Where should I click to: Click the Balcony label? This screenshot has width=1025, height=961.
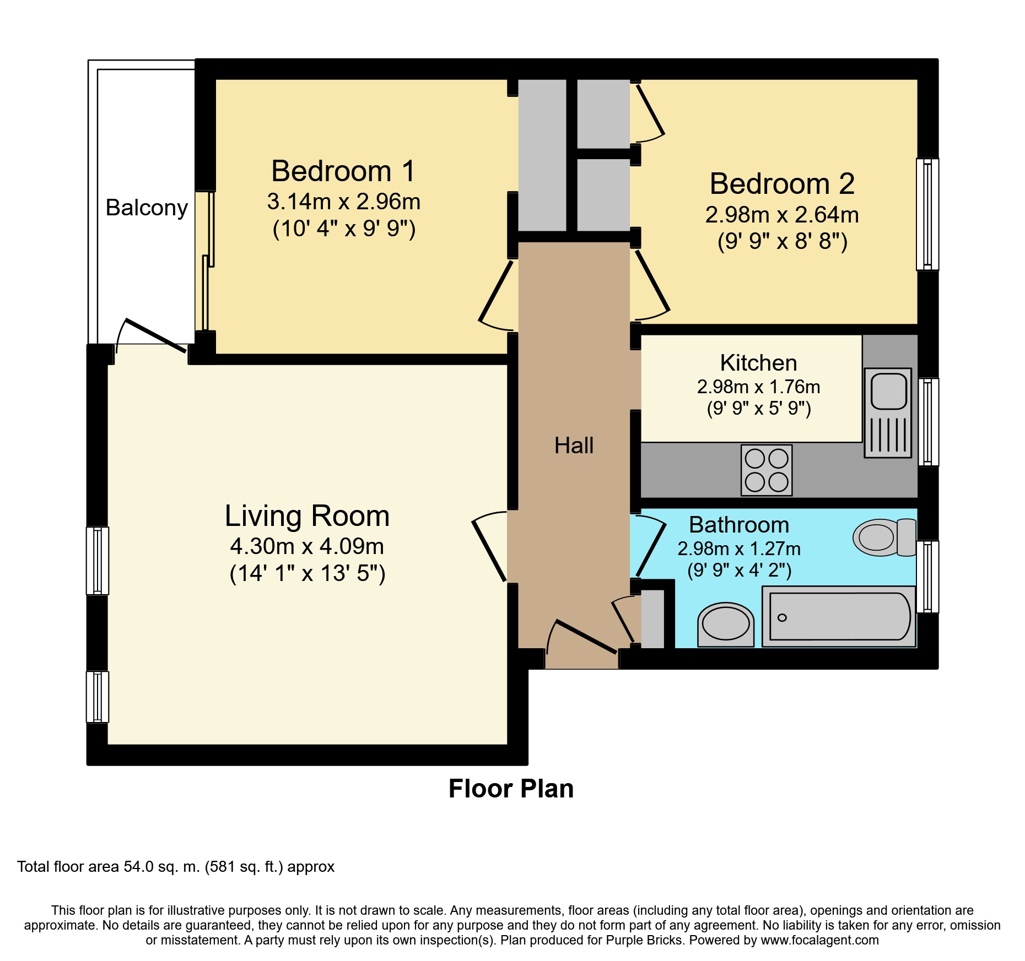click(147, 208)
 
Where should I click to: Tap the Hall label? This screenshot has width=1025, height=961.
click(574, 446)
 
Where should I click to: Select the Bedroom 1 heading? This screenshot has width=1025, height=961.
click(343, 171)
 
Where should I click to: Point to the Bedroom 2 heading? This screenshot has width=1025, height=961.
click(782, 183)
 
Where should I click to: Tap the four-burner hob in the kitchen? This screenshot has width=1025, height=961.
click(767, 470)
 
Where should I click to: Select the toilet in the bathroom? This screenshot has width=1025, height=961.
click(884, 537)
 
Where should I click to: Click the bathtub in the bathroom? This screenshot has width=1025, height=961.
click(839, 616)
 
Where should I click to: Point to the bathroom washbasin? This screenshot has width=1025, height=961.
click(726, 625)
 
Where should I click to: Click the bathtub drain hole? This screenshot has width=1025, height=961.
click(782, 617)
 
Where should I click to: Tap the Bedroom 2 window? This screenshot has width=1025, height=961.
click(927, 214)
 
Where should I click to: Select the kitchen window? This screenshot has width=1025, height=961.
click(928, 422)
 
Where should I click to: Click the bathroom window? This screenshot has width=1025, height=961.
click(927, 577)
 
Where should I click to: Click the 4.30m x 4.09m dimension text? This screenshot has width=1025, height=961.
click(307, 546)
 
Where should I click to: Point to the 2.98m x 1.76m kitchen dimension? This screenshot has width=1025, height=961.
click(758, 387)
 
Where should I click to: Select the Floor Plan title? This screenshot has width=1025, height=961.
click(511, 789)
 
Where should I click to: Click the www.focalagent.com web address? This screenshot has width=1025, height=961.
click(819, 940)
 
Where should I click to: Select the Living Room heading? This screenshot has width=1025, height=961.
click(307, 516)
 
